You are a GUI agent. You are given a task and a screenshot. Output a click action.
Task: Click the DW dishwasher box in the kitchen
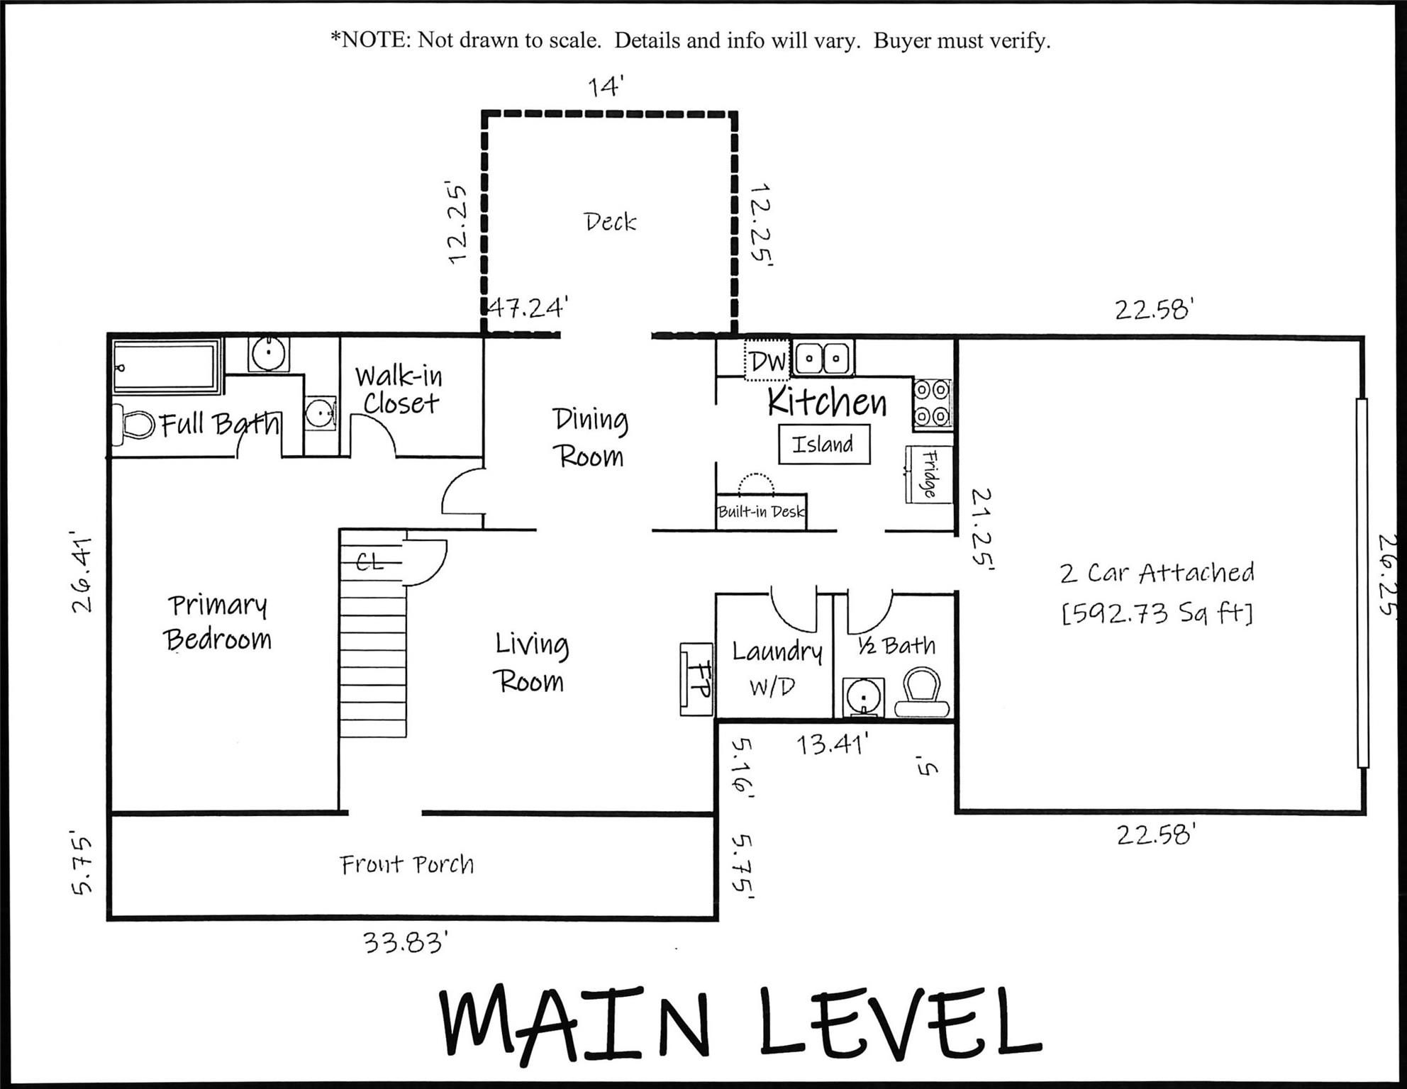coord(767,361)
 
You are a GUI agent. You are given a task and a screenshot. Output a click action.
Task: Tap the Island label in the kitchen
coord(823,445)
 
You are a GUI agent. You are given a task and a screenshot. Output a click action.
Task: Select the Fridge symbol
coord(928,474)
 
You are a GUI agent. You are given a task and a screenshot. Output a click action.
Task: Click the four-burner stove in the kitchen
coord(931,403)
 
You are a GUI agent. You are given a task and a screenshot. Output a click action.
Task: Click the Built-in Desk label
coord(761,512)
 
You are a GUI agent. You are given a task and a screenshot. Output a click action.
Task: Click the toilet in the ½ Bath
coord(923,693)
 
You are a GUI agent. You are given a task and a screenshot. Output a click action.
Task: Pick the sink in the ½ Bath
coord(864,697)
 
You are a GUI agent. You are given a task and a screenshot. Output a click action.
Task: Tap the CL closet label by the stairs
coord(370,562)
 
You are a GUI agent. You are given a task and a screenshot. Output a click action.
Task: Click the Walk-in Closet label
coord(399,389)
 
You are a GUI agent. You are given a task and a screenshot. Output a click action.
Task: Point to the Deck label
coord(610,222)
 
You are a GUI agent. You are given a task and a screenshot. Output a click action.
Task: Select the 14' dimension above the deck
coord(605,86)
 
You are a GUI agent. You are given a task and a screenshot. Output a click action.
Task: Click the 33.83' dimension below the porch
coord(405,943)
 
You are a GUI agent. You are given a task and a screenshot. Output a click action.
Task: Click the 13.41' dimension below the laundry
coord(831,744)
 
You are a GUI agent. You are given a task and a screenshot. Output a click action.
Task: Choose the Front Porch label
coord(406,864)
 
